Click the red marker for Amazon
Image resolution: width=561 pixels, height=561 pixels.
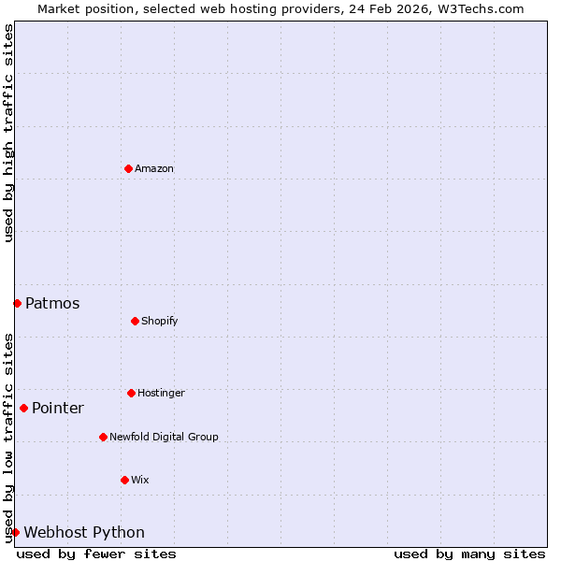pos(128,168)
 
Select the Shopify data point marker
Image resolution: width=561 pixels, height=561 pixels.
pos(135,321)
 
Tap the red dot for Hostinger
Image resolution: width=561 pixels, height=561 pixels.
pos(131,393)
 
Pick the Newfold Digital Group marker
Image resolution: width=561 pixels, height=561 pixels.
pos(103,437)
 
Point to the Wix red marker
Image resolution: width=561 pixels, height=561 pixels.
pos(124,480)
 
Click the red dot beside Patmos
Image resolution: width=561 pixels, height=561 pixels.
pos(17,303)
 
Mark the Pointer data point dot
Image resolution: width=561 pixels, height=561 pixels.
pos(23,408)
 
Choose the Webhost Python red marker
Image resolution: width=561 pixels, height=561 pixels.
pos(15,532)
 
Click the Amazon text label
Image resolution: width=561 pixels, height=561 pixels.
pos(154,168)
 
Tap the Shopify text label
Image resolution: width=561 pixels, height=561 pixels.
pos(160,321)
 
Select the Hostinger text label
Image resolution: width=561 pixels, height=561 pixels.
pos(161,393)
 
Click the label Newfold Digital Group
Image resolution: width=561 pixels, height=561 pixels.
pos(164,437)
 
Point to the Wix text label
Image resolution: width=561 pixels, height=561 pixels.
pos(140,480)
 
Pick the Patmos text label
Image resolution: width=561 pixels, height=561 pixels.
pos(52,303)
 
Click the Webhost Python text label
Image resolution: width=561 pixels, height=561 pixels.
pos(84,532)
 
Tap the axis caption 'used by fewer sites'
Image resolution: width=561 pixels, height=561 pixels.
pos(96,554)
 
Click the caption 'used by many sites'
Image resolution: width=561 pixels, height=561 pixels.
pos(469,554)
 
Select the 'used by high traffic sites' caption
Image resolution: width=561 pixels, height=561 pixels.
pos(8,133)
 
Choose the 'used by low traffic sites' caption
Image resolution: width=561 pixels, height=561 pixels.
pos(8,437)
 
